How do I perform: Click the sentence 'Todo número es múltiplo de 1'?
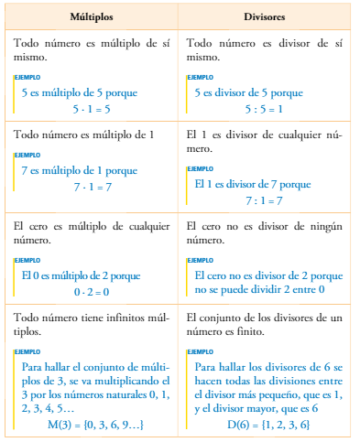tap(82, 135)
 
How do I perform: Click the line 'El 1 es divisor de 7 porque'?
tap(253, 184)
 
